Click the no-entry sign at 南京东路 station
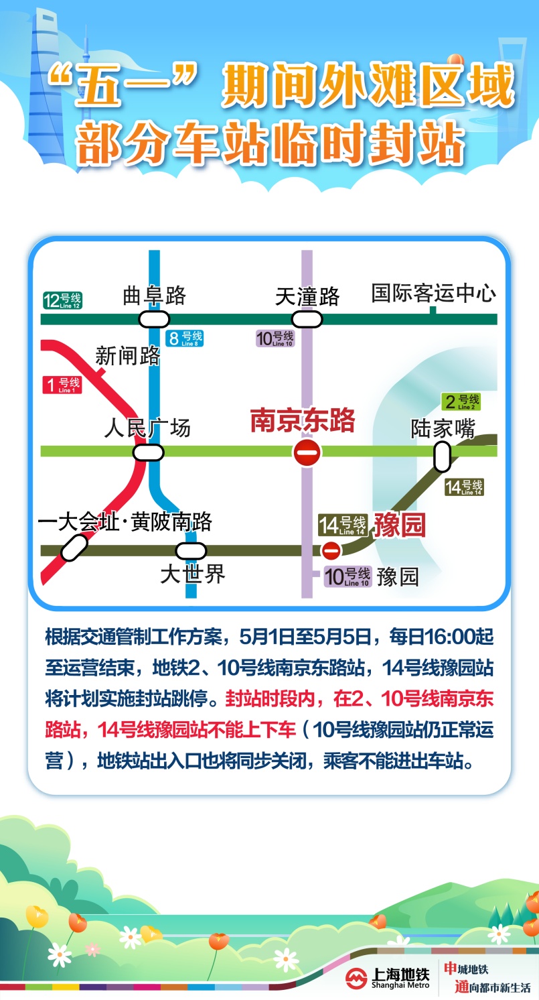pyautogui.click(x=307, y=452)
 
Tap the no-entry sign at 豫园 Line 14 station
pyautogui.click(x=331, y=550)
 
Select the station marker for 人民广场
pyautogui.click(x=148, y=452)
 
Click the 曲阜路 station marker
pyautogui.click(x=154, y=319)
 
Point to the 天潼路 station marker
pyautogui.click(x=307, y=319)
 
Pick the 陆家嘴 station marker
pyautogui.click(x=442, y=458)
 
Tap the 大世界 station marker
pyautogui.click(x=191, y=551)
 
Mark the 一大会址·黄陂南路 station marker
pyautogui.click(x=74, y=548)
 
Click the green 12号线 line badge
pyautogui.click(x=62, y=300)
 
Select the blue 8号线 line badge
pyautogui.click(x=185, y=338)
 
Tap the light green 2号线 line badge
pyautogui.click(x=461, y=402)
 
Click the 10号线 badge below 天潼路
pyautogui.click(x=275, y=338)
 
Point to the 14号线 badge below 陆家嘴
pyautogui.click(x=464, y=487)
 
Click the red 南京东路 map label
pyautogui.click(x=302, y=421)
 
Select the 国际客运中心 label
pyautogui.click(x=434, y=294)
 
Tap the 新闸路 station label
pyautogui.click(x=128, y=356)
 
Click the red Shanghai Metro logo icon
pyautogui.click(x=357, y=978)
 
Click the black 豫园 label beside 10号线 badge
pyautogui.click(x=398, y=576)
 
